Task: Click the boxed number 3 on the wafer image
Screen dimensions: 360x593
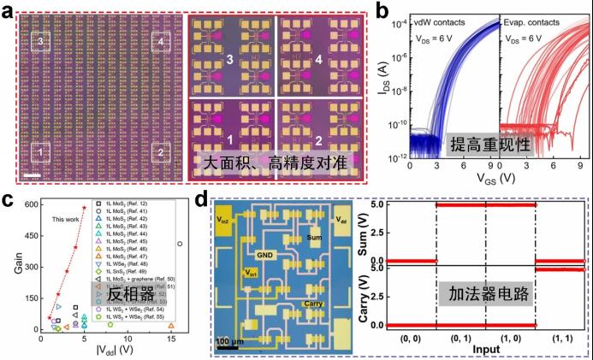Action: click(x=41, y=41)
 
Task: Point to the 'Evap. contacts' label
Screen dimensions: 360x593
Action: click(x=535, y=19)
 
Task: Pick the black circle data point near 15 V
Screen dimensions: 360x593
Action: click(x=179, y=243)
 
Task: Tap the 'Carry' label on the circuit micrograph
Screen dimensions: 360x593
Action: click(x=311, y=304)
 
